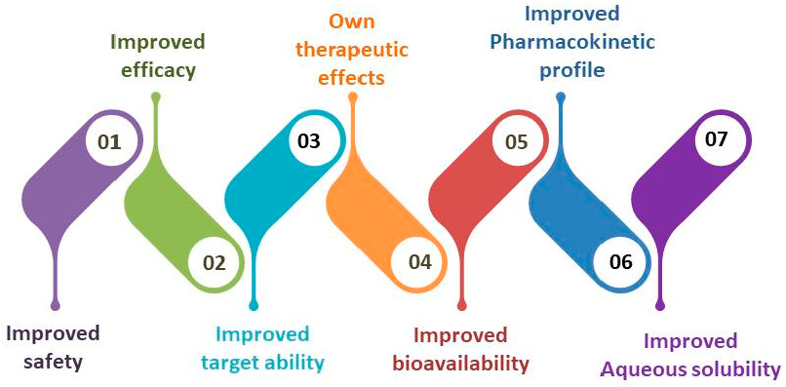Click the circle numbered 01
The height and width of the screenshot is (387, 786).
pos(109,142)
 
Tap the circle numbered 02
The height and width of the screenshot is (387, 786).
pos(214,262)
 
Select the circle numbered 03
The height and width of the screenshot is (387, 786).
pos(309,140)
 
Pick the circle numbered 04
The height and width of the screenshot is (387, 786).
pos(419,262)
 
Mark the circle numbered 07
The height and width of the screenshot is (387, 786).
pos(717,139)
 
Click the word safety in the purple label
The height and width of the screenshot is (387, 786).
pos(46,362)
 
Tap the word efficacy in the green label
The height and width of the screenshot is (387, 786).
pos(157,70)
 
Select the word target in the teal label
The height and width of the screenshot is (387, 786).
pos(232,364)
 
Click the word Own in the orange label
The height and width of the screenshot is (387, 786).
pos(352,20)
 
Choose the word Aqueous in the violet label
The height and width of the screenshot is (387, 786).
pos(647,369)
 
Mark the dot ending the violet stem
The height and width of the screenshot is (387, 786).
pos(661,306)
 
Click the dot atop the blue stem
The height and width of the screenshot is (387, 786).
pos(561,97)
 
